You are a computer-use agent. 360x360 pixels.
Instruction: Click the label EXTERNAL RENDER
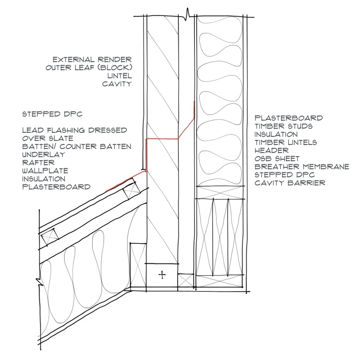[92, 59]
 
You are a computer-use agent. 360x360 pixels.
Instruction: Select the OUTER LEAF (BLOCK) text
[88, 67]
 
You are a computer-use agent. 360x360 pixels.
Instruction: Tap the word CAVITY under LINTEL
[117, 84]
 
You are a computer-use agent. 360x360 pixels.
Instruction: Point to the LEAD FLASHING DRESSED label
[75, 130]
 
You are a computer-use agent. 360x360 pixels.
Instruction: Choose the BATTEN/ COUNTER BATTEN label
[76, 146]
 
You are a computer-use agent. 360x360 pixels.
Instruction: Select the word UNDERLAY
[44, 154]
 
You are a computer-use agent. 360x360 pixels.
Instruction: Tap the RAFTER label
[38, 162]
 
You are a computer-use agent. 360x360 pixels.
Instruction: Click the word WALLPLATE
[45, 171]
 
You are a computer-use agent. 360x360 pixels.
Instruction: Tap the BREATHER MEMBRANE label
[301, 166]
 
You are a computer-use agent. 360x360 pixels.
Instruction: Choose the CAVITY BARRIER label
[289, 183]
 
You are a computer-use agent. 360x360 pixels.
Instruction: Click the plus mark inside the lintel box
[162, 274]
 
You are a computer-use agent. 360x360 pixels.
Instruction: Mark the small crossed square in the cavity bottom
[185, 280]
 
